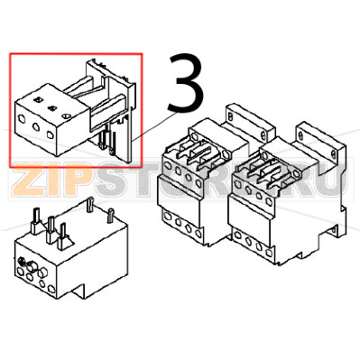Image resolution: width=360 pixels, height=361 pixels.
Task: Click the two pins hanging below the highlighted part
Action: tap(106, 140)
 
